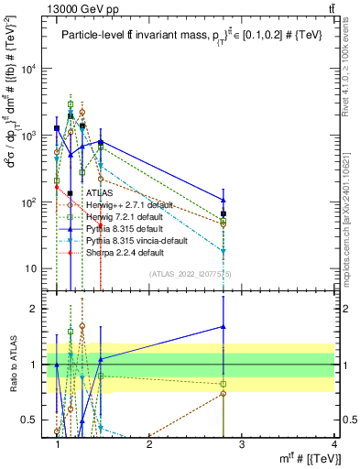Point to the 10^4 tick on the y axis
(27, 69)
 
